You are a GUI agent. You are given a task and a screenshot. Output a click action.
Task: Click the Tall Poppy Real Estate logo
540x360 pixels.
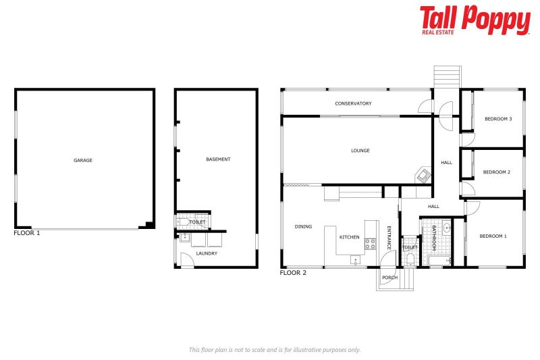click(475, 20)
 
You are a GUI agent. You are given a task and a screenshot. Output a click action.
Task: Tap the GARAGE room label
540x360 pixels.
click(83, 160)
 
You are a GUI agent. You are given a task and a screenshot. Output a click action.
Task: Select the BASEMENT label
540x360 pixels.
click(218, 159)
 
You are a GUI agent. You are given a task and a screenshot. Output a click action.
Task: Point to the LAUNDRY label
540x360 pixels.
click(207, 253)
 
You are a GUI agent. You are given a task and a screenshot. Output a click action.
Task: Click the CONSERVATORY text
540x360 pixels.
click(353, 103)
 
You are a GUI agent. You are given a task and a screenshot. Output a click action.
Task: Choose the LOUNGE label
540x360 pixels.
click(360, 151)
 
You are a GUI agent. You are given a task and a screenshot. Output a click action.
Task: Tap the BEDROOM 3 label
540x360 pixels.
click(498, 119)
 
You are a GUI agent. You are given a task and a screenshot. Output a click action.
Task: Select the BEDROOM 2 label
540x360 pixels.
click(496, 172)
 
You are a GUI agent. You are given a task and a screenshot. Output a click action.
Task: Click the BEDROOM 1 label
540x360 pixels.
click(493, 236)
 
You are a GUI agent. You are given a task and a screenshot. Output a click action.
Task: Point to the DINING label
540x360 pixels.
click(303, 226)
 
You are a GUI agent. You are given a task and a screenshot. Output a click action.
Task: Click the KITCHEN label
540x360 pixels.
click(349, 237)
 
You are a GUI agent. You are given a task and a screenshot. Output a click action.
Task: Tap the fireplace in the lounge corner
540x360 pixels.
click(423, 175)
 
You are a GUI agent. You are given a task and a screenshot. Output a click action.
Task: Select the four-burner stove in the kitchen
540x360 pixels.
click(371, 244)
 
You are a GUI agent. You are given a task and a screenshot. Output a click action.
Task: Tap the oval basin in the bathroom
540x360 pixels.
click(446, 228)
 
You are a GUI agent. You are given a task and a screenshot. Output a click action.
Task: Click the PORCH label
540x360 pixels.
click(389, 277)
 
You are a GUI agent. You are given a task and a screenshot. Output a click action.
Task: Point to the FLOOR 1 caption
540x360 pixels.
click(27, 233)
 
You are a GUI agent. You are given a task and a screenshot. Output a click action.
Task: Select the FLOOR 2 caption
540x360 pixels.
click(293, 273)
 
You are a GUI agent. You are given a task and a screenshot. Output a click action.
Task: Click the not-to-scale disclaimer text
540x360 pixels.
click(275, 349)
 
